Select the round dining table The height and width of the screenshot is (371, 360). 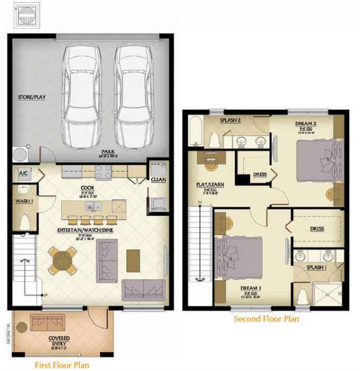61,260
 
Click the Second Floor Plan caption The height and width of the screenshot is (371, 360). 266,319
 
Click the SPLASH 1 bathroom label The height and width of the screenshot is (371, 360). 316,267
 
